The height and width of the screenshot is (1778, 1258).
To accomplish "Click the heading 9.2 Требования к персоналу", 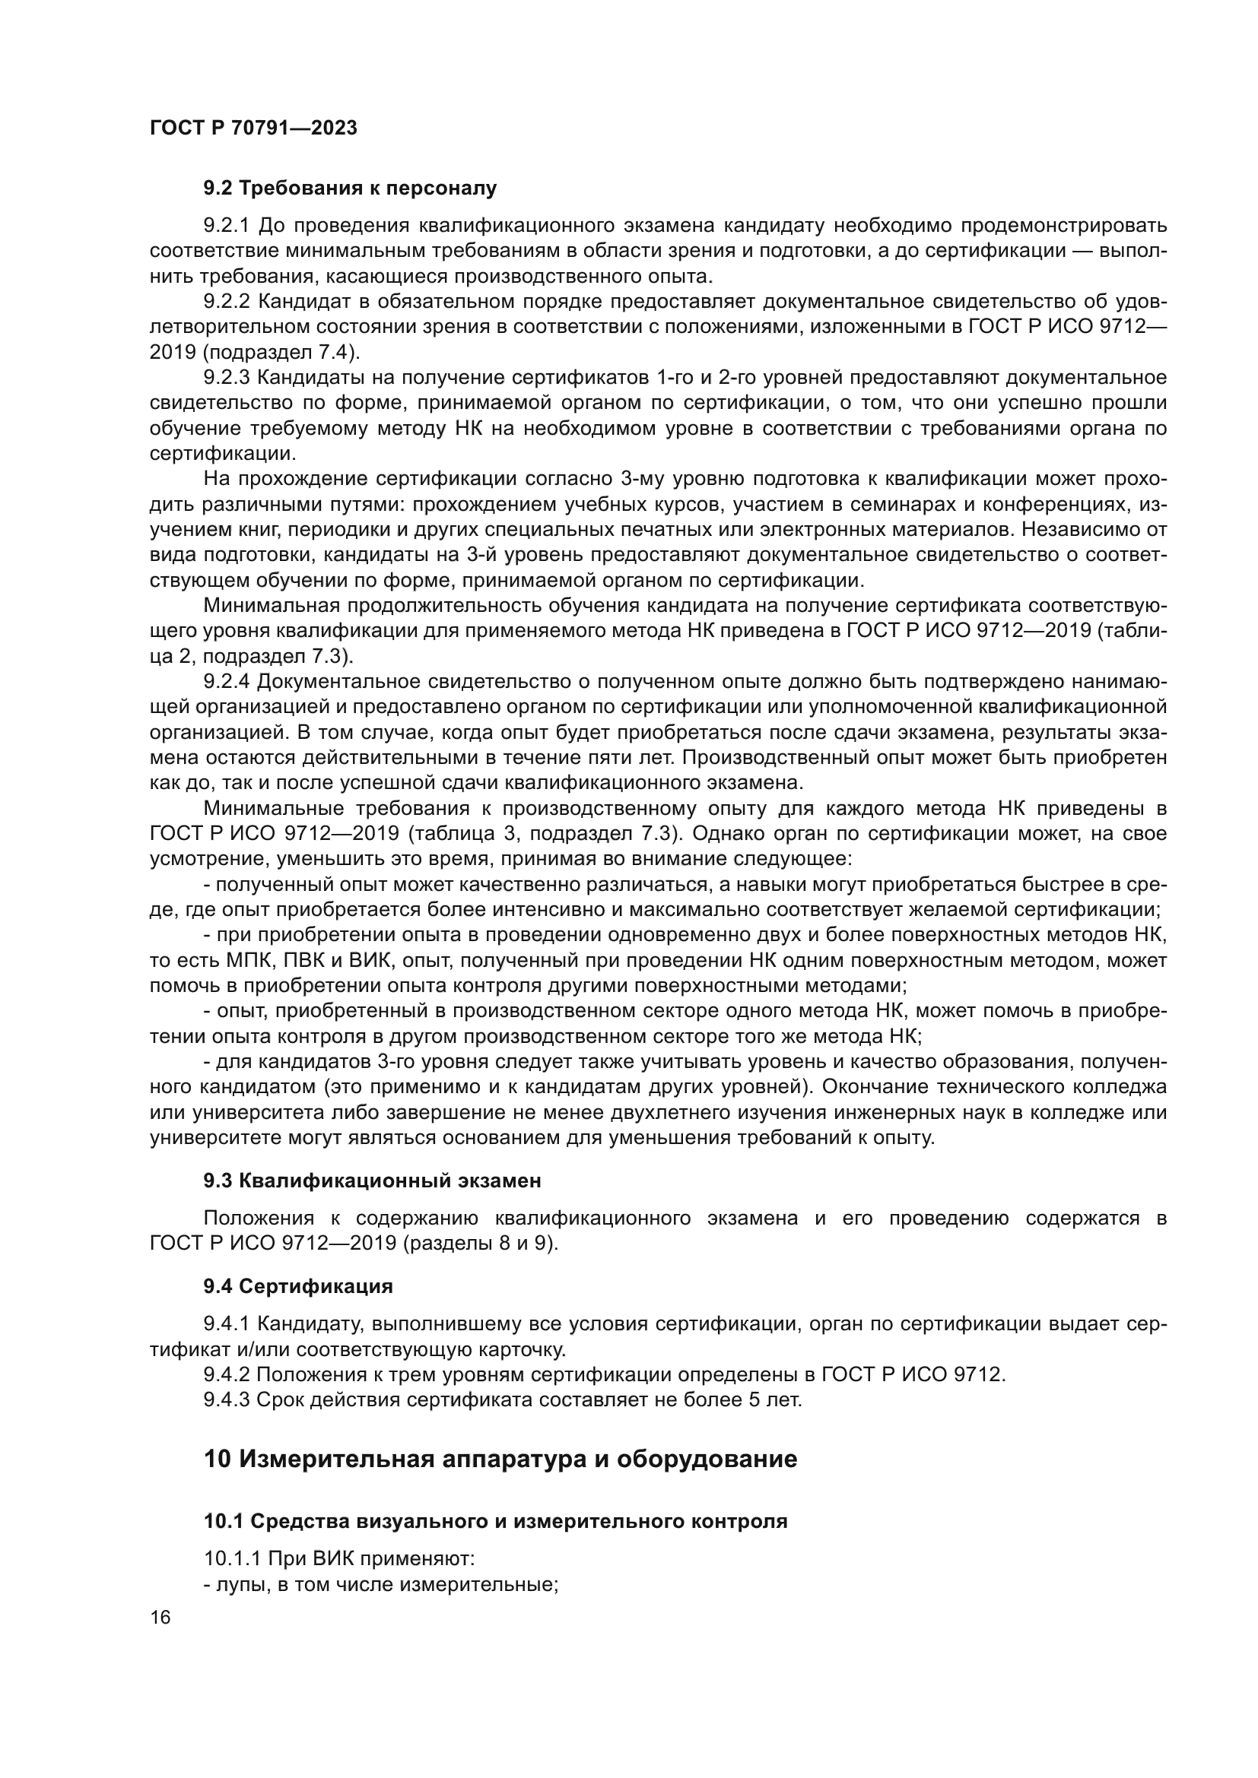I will (349, 189).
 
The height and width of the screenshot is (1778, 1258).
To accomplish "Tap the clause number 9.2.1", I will (225, 225).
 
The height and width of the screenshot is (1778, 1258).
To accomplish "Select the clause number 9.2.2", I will (225, 301).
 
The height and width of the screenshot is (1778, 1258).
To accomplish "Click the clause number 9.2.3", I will (225, 377).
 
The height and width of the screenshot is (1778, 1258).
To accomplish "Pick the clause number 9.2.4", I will (225, 681).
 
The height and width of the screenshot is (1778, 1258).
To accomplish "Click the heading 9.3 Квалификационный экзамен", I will (372, 1181).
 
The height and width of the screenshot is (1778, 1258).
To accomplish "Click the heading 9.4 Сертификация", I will (298, 1287).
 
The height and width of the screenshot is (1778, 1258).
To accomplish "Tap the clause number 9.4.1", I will (225, 1324).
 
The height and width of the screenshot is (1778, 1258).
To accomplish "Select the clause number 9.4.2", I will (225, 1375).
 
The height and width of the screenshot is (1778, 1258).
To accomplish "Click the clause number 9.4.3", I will (225, 1400).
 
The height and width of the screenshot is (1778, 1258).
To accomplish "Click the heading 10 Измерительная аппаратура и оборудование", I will (500, 1459).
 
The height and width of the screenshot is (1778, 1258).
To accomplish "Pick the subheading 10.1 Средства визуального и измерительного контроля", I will (495, 1522).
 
